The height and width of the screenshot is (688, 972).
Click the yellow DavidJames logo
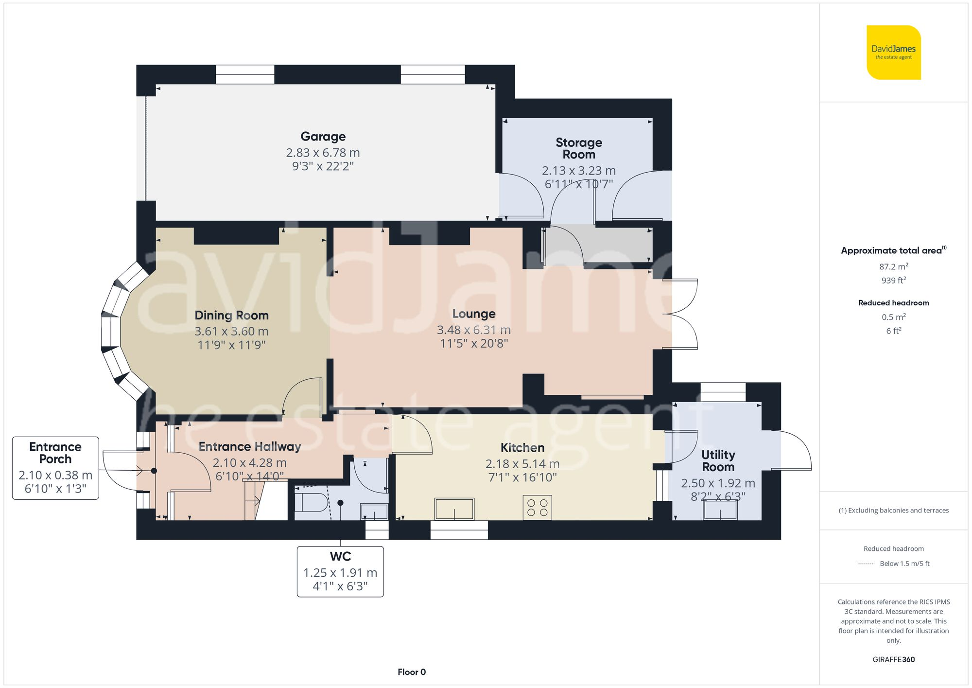tap(893, 53)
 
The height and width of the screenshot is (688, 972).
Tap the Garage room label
tap(323, 137)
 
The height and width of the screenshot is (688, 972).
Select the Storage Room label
tap(578, 148)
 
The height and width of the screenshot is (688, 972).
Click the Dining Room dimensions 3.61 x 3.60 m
tap(231, 331)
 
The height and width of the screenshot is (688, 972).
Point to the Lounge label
tap(473, 314)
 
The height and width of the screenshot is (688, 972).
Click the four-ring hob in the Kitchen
tap(537, 507)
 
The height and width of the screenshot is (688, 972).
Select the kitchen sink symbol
tap(454, 509)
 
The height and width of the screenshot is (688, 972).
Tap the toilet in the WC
tap(311, 502)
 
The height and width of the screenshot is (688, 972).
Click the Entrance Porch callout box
tap(55, 468)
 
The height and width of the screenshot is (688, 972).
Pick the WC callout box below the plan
tap(340, 571)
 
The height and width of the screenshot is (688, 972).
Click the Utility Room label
tap(718, 460)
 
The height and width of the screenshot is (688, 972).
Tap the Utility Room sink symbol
tap(720, 510)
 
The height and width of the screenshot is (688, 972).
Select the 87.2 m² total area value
tap(893, 266)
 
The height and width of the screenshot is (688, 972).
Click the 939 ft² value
tap(893, 280)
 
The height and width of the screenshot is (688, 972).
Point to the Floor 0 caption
tap(411, 672)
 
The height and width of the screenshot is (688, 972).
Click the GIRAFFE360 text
tap(893, 659)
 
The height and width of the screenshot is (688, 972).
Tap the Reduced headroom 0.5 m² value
tap(893, 317)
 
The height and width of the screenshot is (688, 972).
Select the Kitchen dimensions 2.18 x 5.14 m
tap(522, 464)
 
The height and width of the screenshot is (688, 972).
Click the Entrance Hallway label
tap(250, 446)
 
